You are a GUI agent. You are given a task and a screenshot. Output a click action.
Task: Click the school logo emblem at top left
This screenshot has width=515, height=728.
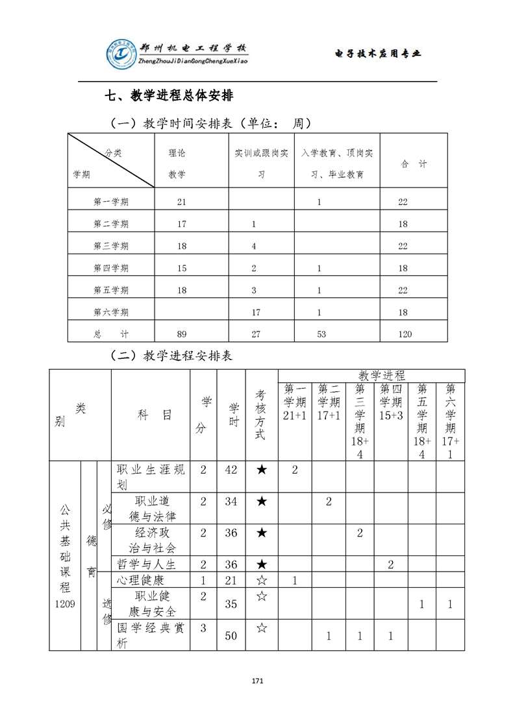(x=121, y=54)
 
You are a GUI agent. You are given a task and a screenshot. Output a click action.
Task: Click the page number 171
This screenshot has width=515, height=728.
(x=257, y=681)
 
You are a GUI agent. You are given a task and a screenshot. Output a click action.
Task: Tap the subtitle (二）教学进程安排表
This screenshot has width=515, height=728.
(x=171, y=356)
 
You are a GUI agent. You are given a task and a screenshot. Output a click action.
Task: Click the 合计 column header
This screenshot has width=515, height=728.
(x=413, y=165)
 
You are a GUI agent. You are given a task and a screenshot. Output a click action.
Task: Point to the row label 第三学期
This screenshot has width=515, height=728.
(x=111, y=246)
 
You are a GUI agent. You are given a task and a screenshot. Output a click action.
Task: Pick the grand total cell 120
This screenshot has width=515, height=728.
(x=405, y=334)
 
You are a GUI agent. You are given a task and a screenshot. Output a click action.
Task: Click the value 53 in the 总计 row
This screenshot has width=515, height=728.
(x=320, y=334)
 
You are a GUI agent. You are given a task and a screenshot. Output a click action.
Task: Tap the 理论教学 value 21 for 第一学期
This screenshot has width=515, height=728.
(x=181, y=202)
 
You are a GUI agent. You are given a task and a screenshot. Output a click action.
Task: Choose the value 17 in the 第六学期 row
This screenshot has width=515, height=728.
(x=256, y=312)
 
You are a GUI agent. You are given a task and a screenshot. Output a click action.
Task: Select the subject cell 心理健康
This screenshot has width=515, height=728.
(x=140, y=580)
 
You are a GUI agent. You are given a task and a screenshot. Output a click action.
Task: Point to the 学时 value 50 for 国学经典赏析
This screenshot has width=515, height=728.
(x=231, y=636)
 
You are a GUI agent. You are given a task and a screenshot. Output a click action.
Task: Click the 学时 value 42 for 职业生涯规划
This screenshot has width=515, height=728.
(x=231, y=470)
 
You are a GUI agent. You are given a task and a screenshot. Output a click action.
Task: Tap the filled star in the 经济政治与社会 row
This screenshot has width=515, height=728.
(x=261, y=533)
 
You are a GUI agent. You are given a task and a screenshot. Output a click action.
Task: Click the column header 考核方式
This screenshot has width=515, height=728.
(x=260, y=415)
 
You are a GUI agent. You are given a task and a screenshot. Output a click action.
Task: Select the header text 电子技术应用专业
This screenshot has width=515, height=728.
(x=377, y=53)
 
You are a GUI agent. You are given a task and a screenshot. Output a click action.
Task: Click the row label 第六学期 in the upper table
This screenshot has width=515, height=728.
(x=111, y=312)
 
